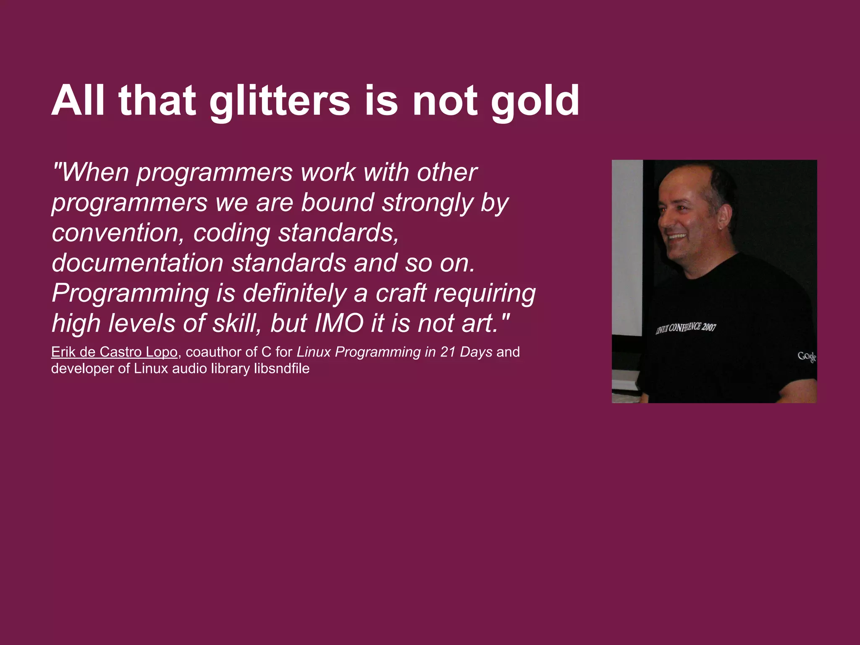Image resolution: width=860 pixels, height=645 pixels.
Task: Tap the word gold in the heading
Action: [x=535, y=101]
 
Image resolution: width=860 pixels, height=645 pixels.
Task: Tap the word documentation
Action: [x=138, y=263]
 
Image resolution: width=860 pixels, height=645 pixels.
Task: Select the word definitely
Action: [x=294, y=293]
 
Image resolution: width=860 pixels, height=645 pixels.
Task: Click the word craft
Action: [x=401, y=293]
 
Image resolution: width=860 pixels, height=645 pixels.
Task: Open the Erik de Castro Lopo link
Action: [x=114, y=352]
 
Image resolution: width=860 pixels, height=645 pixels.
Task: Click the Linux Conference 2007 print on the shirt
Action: [x=686, y=328]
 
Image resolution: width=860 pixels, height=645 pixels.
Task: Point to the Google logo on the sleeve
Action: [x=807, y=357]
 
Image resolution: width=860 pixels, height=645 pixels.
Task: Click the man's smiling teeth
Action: [x=676, y=236]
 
